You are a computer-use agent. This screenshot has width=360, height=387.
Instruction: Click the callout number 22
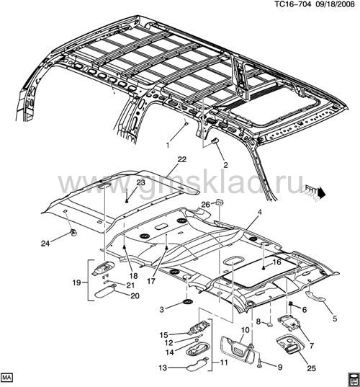[181, 159]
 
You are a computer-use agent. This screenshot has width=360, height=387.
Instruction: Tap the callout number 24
[45, 244]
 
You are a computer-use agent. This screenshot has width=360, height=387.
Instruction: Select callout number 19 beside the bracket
[77, 283]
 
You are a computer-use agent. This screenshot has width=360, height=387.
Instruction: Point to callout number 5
[335, 319]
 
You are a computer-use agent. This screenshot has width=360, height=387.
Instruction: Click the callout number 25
[312, 368]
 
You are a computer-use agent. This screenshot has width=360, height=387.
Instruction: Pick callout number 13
[163, 368]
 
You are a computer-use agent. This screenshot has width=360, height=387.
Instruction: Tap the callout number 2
[225, 165]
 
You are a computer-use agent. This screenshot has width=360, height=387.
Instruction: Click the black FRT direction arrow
[321, 192]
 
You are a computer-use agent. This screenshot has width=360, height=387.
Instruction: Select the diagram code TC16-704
[294, 4]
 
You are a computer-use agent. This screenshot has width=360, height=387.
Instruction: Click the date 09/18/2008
[337, 4]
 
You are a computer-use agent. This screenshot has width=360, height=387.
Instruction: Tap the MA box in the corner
[7, 378]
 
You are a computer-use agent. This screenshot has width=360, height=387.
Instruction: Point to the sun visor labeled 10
[235, 352]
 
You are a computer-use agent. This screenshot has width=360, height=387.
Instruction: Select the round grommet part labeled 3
[188, 302]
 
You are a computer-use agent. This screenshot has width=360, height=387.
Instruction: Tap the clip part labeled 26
[219, 202]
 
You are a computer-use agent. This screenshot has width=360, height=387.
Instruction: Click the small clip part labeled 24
[73, 232]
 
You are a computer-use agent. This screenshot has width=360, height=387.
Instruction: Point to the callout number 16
[277, 262]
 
